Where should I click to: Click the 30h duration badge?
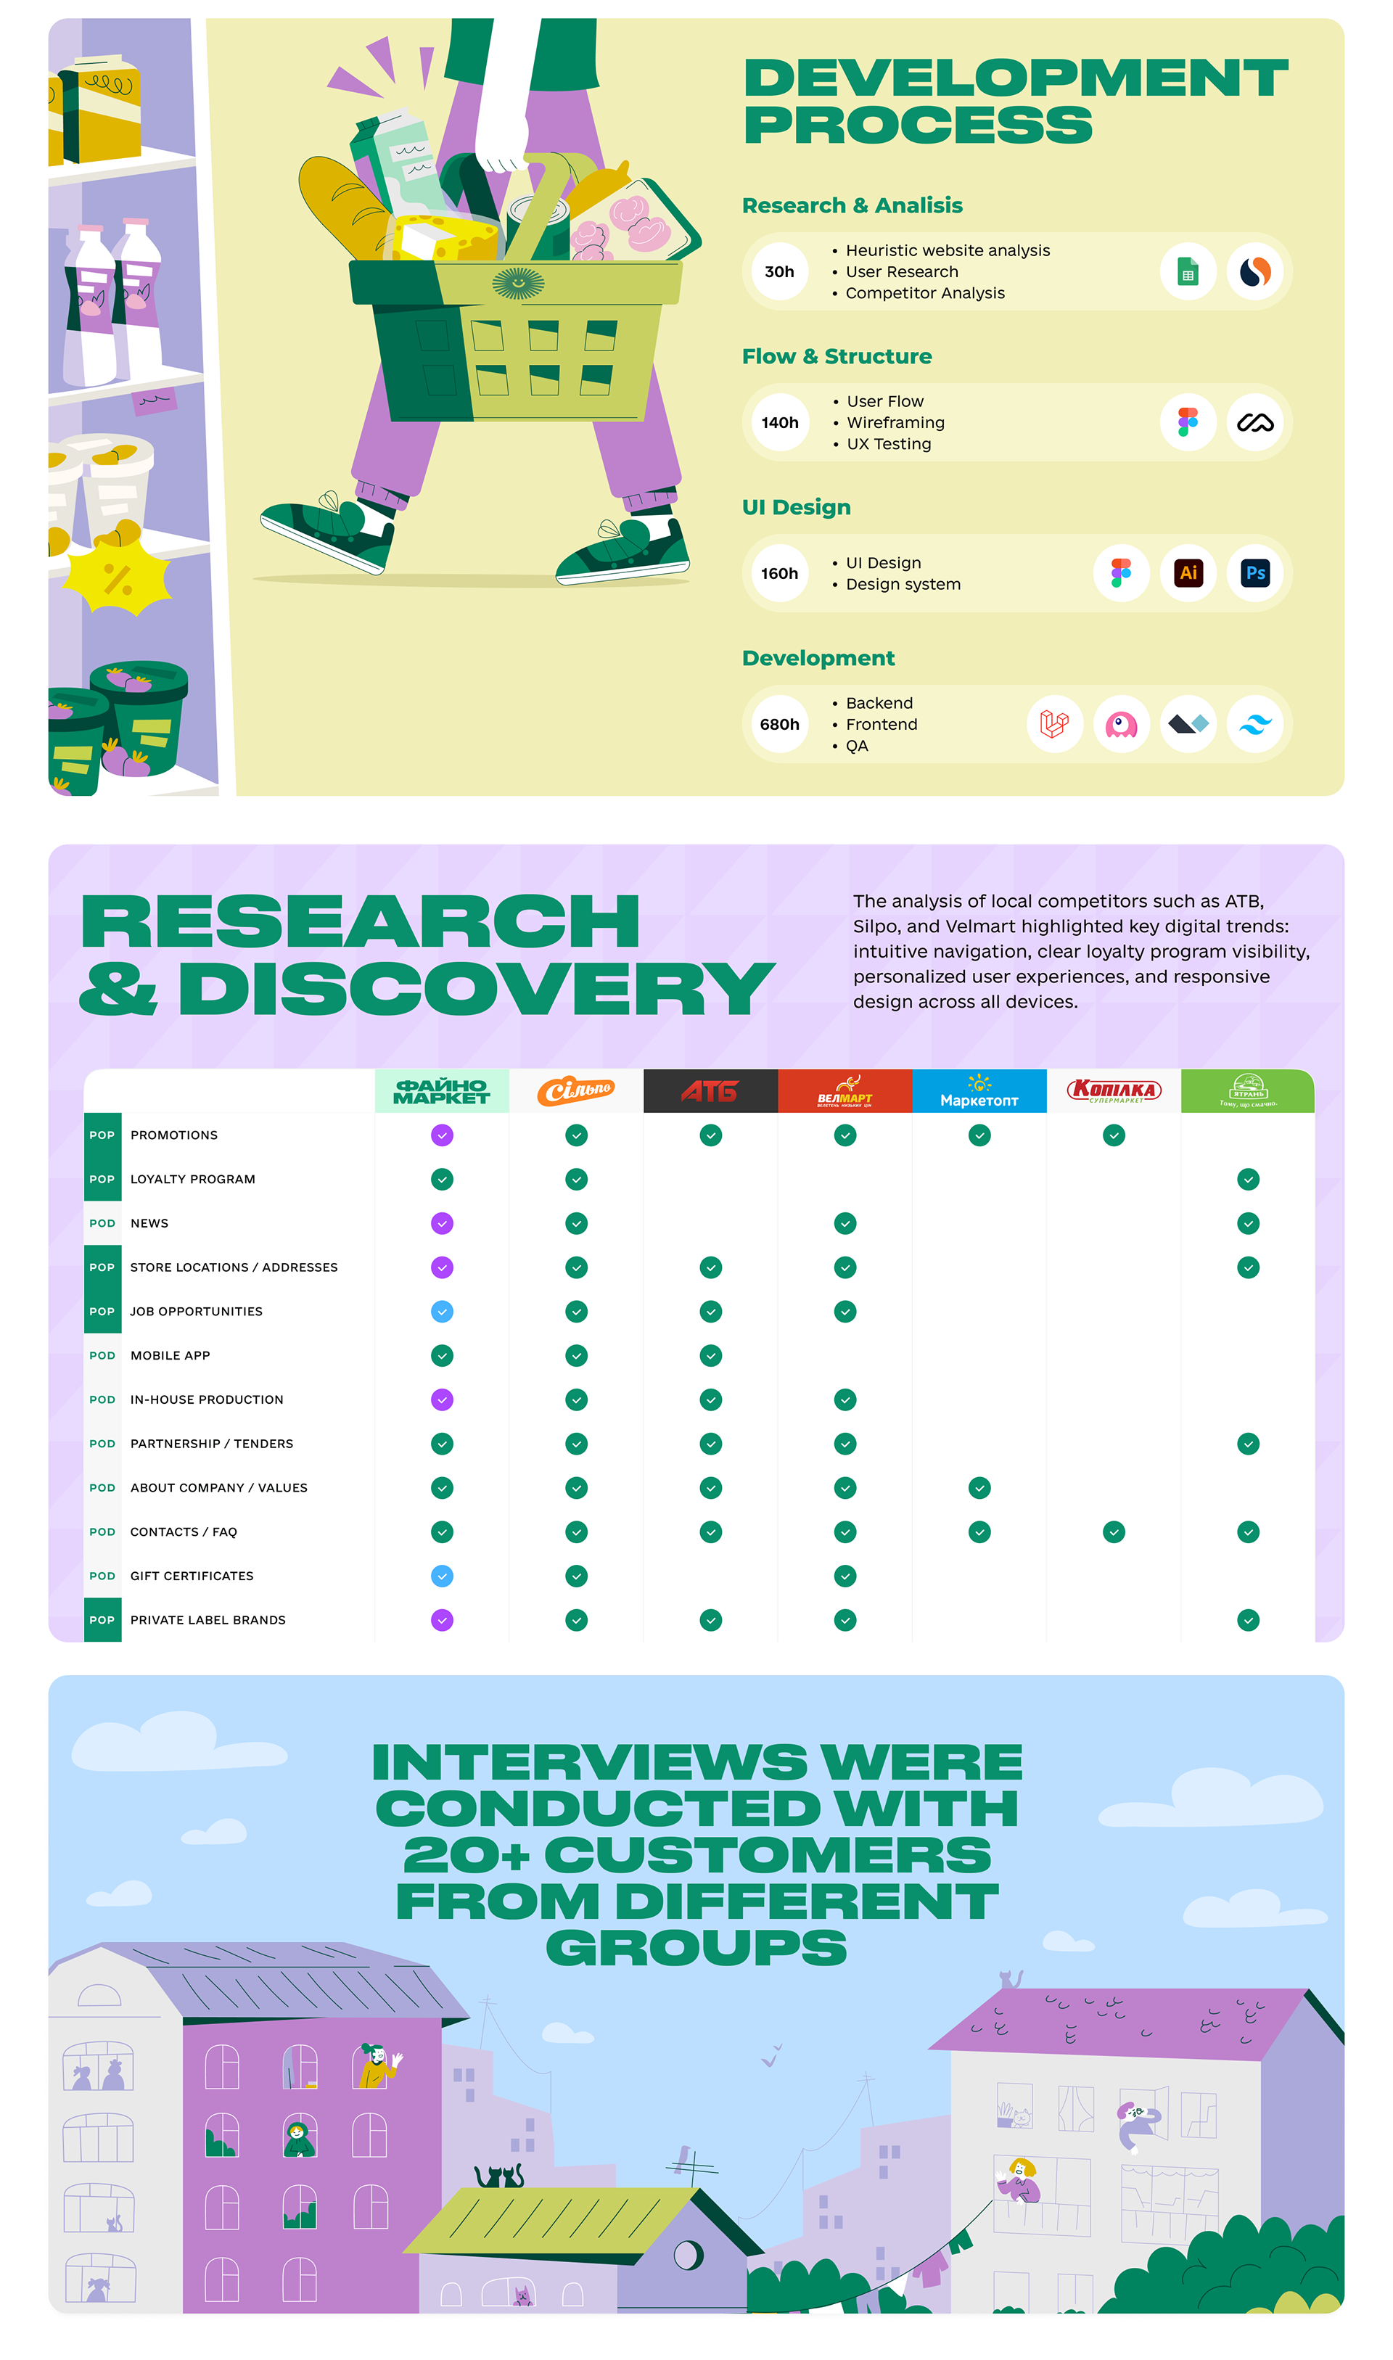779,272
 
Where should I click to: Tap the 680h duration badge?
779,725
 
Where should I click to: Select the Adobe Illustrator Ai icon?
1188,573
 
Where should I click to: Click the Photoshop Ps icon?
1255,573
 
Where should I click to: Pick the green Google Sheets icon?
1188,272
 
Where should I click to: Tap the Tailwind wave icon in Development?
1255,725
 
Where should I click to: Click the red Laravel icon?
1054,725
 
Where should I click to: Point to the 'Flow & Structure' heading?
837,357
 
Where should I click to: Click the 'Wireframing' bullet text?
895,423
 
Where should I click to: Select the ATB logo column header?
710,1091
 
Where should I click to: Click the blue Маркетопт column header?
979,1091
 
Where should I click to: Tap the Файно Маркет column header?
442,1091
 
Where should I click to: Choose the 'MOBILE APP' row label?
170,1356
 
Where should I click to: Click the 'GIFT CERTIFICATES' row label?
192,1576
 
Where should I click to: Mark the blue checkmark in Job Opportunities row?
442,1312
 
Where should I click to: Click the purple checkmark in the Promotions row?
442,1135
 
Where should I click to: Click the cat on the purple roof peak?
1010,1978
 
